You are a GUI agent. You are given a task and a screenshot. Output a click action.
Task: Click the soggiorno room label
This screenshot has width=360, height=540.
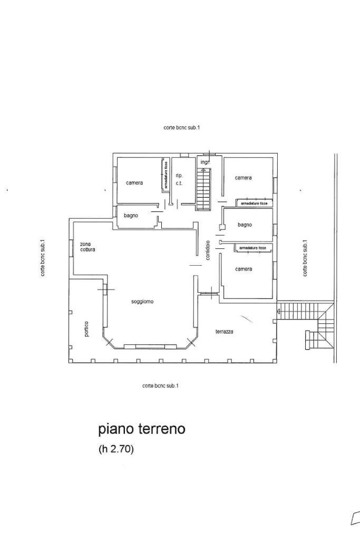tap(142, 302)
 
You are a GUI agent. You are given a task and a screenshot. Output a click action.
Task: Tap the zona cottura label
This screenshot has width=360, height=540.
tap(87, 247)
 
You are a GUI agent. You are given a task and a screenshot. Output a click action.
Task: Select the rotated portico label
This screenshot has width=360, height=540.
tap(86, 329)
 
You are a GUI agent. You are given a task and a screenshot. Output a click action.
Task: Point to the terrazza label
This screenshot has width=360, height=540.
tap(224, 332)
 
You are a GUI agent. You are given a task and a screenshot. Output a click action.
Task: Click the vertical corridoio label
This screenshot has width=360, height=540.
tap(208, 251)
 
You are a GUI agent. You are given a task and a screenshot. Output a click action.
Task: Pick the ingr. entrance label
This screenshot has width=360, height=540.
tap(205, 162)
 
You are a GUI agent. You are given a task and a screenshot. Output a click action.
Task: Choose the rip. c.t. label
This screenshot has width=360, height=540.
tap(179, 179)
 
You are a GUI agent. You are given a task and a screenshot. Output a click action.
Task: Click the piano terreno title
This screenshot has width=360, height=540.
tap(142, 429)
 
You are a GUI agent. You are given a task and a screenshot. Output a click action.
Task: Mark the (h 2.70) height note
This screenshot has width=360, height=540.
tap(116, 449)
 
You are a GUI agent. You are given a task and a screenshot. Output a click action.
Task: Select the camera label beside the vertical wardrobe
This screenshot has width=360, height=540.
tap(134, 183)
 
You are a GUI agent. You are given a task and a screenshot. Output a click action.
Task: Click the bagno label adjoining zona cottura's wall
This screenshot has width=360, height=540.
tap(131, 216)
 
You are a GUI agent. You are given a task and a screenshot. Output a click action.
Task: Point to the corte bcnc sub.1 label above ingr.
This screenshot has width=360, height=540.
tap(182, 128)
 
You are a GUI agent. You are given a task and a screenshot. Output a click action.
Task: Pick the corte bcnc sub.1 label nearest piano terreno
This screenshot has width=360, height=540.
tap(160, 385)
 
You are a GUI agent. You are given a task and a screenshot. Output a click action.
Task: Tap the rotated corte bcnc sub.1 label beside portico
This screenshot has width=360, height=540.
tap(43, 258)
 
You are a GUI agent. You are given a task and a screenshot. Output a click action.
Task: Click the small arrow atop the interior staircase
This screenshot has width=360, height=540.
tap(203, 170)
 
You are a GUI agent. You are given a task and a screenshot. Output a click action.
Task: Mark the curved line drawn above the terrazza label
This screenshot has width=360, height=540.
tap(245, 318)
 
